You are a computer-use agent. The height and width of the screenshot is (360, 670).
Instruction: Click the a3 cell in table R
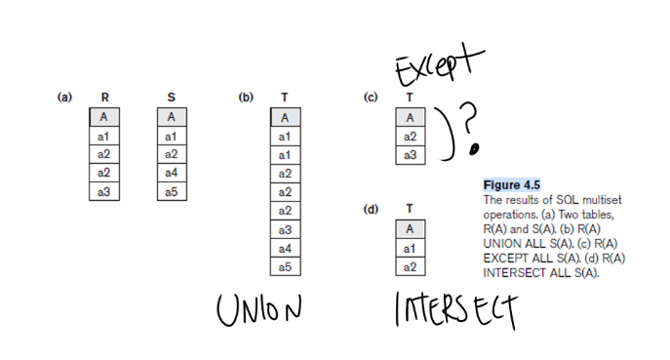click(x=104, y=191)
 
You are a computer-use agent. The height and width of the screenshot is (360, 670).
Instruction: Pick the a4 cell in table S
click(x=172, y=173)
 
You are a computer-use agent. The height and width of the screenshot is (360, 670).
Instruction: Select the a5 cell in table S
click(x=172, y=191)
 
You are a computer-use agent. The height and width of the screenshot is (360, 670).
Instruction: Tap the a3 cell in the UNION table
click(x=285, y=229)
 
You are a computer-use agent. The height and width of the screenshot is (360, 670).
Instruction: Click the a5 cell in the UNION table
click(x=285, y=266)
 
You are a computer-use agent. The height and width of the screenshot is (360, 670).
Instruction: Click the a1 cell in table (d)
click(x=410, y=248)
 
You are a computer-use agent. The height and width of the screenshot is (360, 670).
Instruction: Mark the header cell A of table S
click(x=172, y=117)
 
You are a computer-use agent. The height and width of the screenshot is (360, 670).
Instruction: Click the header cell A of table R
click(x=104, y=117)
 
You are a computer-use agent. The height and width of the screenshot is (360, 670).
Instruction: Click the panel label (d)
click(x=370, y=209)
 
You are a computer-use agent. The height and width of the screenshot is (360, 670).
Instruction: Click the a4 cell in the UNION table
click(x=285, y=248)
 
